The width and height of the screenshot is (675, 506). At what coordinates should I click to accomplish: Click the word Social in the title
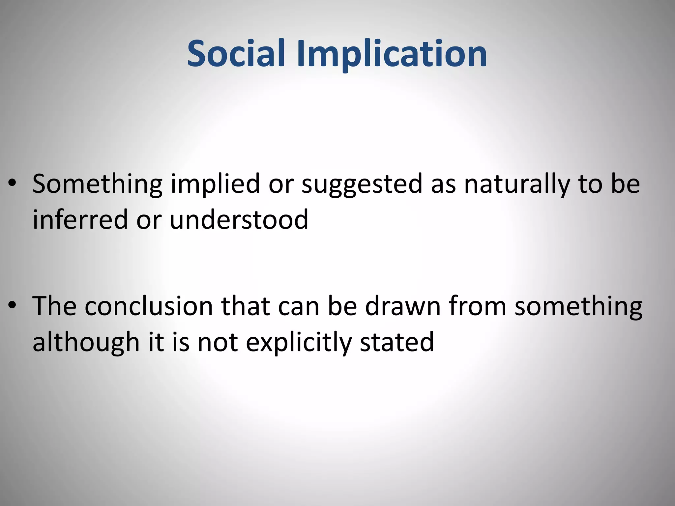pyautogui.click(x=236, y=53)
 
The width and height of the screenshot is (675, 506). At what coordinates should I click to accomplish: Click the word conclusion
pyautogui.click(x=149, y=306)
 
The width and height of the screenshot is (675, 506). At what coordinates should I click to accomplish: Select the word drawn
pyautogui.click(x=403, y=306)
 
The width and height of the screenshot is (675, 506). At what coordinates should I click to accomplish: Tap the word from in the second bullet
pyautogui.click(x=478, y=306)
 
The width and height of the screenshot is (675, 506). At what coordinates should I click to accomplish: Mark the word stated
pyautogui.click(x=397, y=343)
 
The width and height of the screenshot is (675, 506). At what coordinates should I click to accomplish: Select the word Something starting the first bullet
pyautogui.click(x=97, y=184)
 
